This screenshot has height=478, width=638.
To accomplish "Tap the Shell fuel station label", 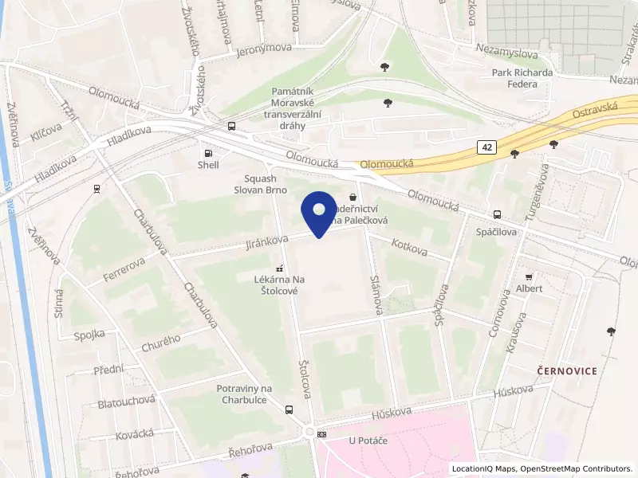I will tap(208, 166).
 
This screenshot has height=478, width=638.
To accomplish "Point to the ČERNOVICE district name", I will tap(565, 371).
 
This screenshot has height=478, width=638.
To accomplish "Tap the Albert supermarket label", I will tap(529, 288).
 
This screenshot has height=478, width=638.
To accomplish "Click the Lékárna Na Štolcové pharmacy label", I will tap(279, 285).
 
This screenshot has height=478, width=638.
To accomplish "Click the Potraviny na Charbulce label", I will tap(245, 394).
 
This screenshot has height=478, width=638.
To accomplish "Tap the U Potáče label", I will tap(368, 441).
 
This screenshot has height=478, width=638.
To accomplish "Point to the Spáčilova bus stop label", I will tap(497, 230).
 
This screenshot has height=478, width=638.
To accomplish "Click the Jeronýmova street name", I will tap(264, 49).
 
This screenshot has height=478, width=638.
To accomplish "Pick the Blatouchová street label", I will tap(126, 402).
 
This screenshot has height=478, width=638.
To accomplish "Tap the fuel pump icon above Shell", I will tap(208, 152).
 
